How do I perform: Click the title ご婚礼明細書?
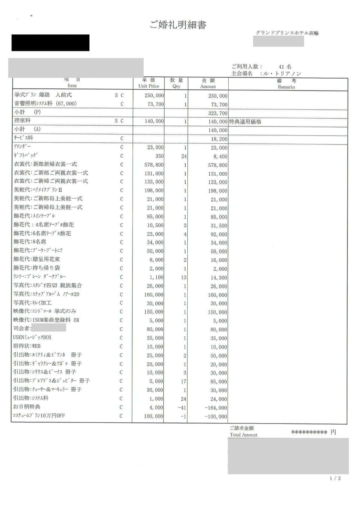(178, 25)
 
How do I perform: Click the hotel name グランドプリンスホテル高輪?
(287, 33)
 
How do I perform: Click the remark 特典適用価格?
(245, 122)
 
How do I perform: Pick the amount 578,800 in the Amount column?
(216, 165)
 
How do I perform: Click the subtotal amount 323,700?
(218, 113)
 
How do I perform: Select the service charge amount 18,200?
(219, 139)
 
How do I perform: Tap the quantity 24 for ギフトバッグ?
(184, 157)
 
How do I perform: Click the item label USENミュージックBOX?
(32, 337)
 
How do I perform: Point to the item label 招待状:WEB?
(27, 346)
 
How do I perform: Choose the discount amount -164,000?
(216, 408)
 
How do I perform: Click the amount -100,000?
(216, 417)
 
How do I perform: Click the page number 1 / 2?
(335, 479)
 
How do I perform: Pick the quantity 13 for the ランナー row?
(184, 277)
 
